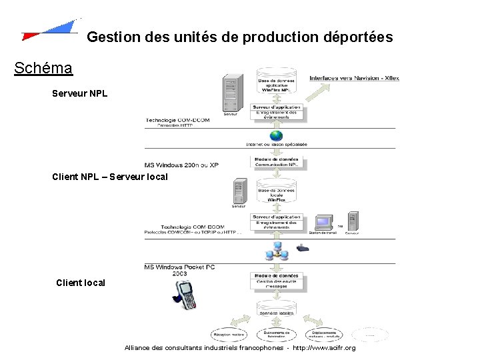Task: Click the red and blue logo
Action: pos(50,30)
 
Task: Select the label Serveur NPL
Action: pos(79,93)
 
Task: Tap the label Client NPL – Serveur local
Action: pos(110,177)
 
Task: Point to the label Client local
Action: pos(81,283)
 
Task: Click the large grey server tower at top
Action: pos(231,94)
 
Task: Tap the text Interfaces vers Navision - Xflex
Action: pos(354,78)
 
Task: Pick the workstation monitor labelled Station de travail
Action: pos(325,222)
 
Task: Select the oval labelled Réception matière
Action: pos(228,335)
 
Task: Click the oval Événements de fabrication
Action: pos(277,335)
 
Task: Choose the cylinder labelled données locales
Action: pos(277,309)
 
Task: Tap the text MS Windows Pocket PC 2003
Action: pos(179,269)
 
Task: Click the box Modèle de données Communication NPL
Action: pos(277,161)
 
